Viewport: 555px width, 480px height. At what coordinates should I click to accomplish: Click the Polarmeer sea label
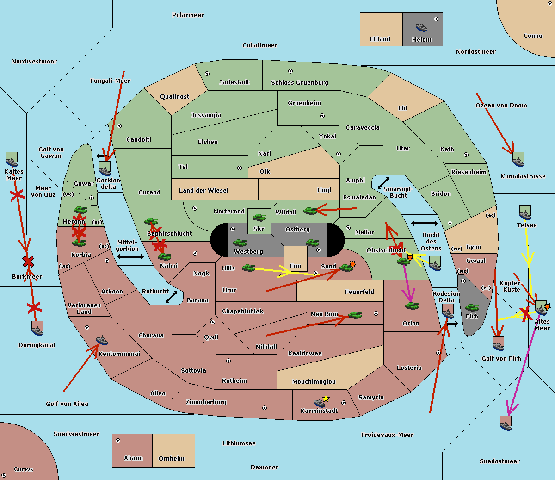pos(188,15)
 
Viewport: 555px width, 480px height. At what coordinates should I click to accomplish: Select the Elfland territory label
pos(380,39)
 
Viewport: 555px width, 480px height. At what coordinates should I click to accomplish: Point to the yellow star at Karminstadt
pos(326,399)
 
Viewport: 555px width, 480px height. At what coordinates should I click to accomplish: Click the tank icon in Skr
pos(259,217)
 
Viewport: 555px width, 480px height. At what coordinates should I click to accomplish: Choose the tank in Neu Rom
pos(355,315)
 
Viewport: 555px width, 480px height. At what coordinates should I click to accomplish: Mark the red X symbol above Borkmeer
pos(28,262)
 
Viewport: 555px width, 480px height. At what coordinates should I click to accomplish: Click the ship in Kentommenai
pos(102,341)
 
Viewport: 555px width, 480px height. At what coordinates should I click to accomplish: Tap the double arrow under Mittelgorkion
pos(130,257)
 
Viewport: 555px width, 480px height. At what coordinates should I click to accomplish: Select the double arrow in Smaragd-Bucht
pos(383,183)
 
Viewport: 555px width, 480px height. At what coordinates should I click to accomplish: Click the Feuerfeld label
pos(359,292)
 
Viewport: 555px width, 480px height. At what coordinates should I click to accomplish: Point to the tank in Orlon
pos(412,306)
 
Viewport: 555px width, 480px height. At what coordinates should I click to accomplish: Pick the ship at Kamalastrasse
pos(518,160)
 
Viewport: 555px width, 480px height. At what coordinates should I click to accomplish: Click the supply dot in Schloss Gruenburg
pos(290,71)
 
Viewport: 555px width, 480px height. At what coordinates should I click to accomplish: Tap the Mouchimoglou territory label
pos(314,382)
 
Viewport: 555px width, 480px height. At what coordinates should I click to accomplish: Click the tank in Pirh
pos(472,308)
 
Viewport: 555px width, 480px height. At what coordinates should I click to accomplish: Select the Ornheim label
pos(171,459)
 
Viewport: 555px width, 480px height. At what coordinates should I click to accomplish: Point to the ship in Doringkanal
pos(37,328)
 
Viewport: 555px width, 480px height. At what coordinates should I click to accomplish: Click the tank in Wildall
pos(310,211)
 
